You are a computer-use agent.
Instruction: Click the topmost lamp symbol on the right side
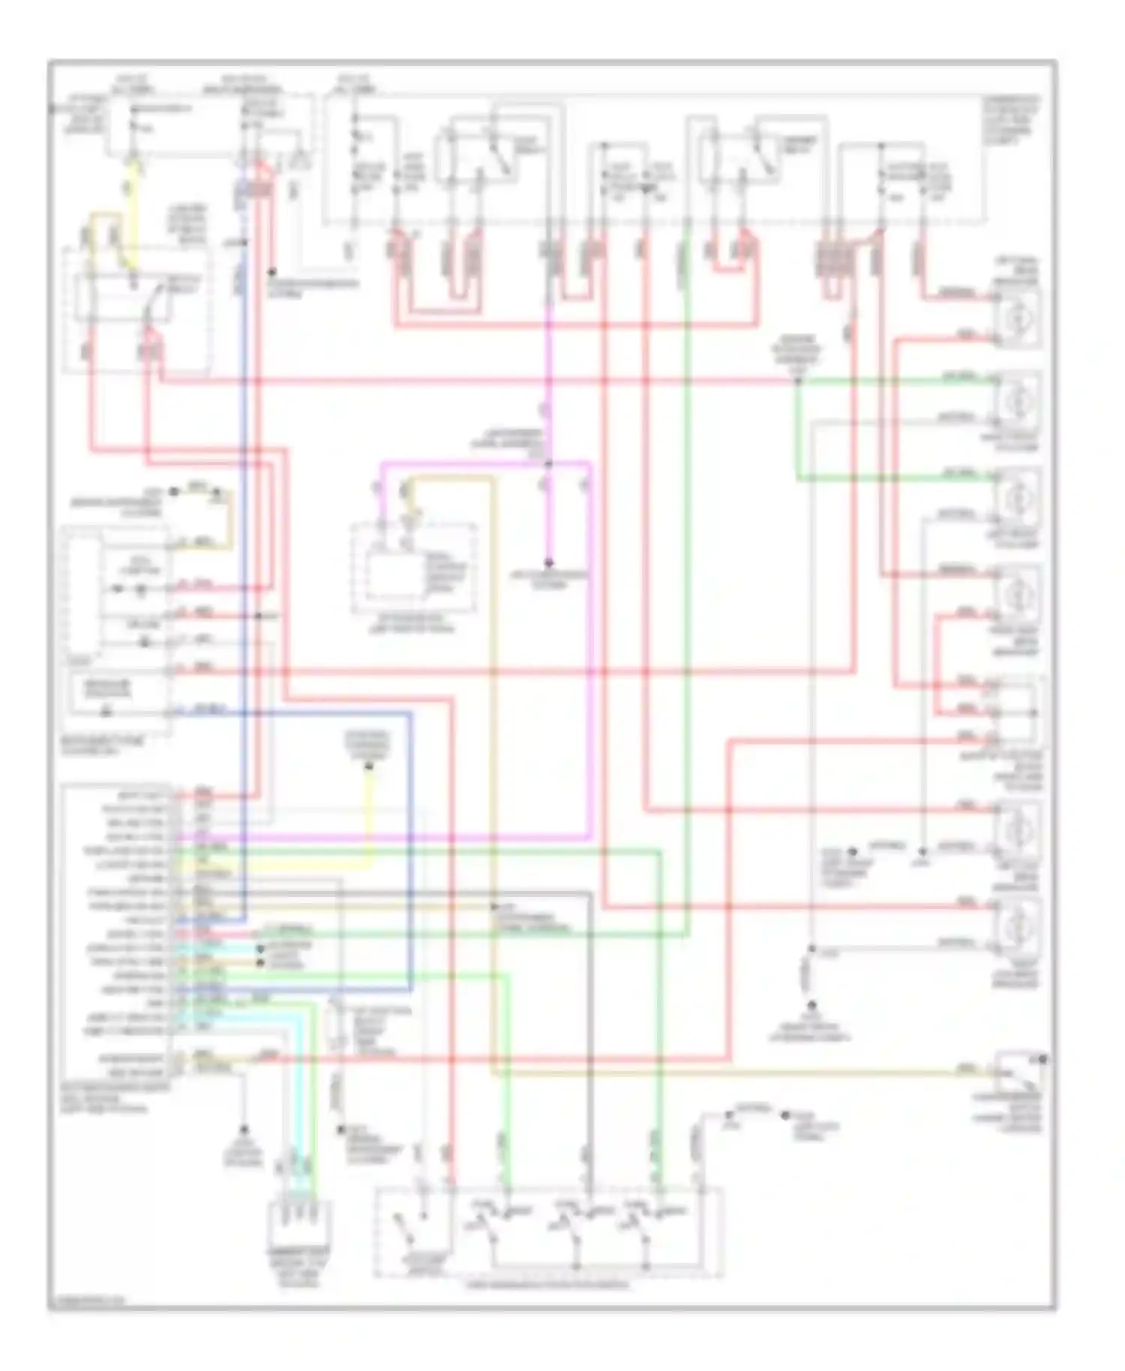click(1017, 316)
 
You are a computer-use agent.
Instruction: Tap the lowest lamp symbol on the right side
click(1017, 926)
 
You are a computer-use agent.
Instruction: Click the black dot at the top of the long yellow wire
click(369, 766)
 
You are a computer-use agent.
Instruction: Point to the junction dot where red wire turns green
click(798, 381)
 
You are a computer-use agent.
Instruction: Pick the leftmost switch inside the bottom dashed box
click(409, 1230)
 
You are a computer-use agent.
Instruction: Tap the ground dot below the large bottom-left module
click(244, 1128)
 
